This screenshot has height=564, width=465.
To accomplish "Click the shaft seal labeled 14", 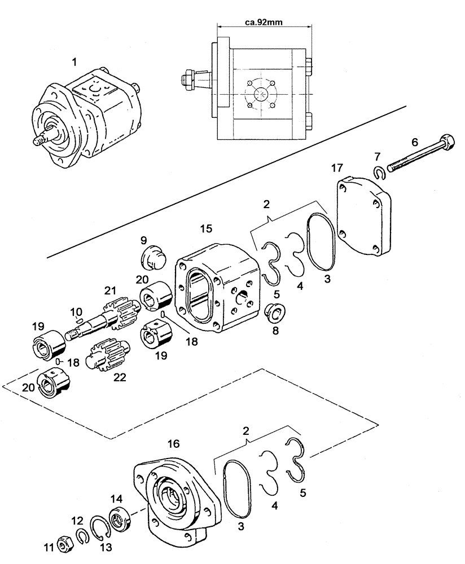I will coord(119,518).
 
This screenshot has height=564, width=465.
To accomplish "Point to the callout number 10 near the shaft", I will coord(76,311).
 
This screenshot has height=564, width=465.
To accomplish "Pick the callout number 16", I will coord(173,444).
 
